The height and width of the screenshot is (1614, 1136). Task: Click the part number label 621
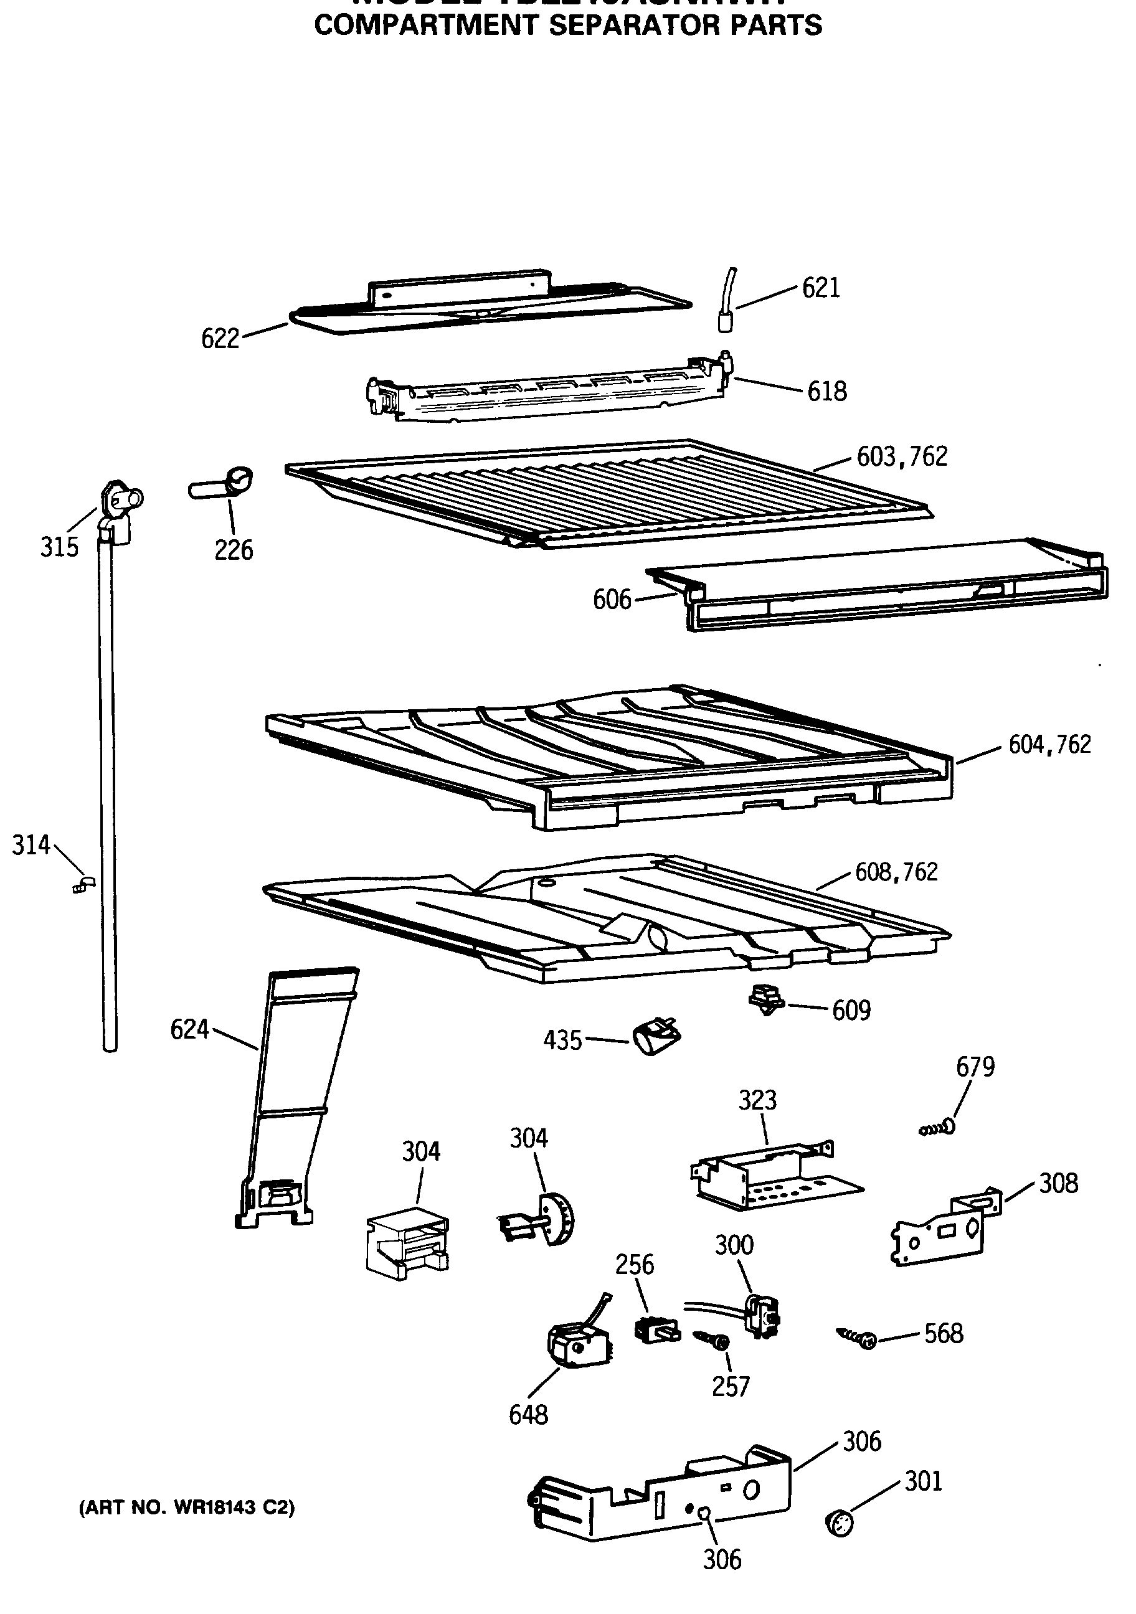[x=821, y=288]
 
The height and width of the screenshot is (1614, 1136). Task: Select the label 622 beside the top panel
[x=220, y=339]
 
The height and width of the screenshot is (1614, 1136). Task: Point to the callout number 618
[x=826, y=392]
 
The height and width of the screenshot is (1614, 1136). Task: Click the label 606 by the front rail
[x=612, y=600]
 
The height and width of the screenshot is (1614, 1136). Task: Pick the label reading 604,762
[x=1049, y=745]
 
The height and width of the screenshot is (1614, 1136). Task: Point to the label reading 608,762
[x=896, y=872]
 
